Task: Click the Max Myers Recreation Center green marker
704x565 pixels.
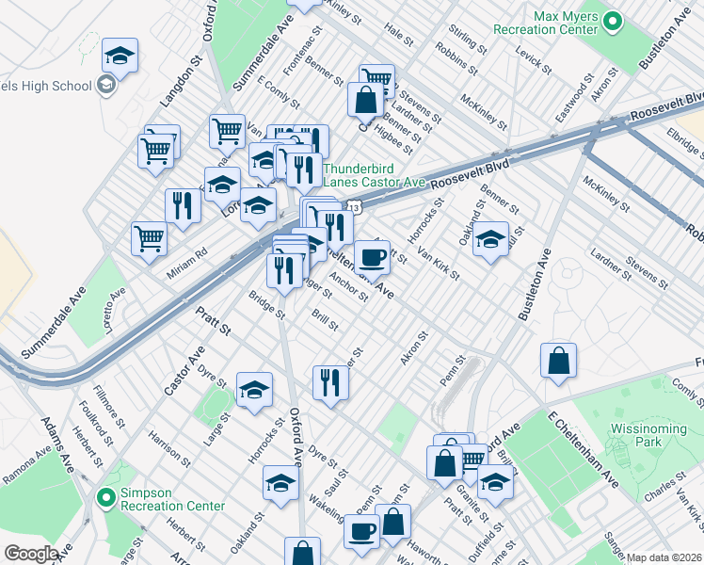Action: coord(612,21)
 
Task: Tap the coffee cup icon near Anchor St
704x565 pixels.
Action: coord(372,257)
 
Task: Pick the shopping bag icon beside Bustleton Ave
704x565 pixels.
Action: coord(558,361)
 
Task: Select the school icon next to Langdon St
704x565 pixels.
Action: coord(120,56)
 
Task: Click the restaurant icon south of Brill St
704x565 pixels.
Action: coord(329,382)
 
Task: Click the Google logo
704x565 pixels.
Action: coord(31,554)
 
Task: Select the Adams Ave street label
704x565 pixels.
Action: coord(57,446)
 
